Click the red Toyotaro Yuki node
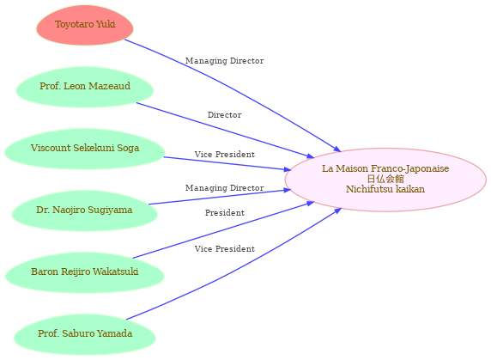tap(85, 25)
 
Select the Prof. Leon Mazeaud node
tap(85, 87)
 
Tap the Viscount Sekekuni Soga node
tap(85, 149)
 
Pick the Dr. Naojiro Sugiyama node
tap(85, 211)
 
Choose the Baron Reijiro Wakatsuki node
tap(85, 272)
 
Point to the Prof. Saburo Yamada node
tap(85, 334)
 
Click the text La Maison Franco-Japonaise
tap(385, 168)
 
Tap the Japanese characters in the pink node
tap(385, 179)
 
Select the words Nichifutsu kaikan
tap(385, 189)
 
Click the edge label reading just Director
tap(225, 115)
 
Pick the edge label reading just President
tap(225, 213)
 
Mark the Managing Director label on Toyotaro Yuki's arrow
tap(225, 61)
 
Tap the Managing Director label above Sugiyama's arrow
tap(225, 188)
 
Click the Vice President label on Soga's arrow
tap(225, 155)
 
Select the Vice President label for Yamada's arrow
tap(225, 249)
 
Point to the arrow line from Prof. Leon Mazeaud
tap(225, 131)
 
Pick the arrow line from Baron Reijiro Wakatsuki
tap(223, 230)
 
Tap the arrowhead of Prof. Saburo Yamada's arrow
tap(337, 211)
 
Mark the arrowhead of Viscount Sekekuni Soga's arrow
tap(288, 169)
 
